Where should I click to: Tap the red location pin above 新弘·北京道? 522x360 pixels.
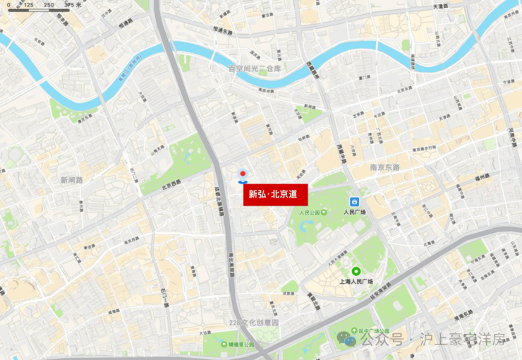click(243, 174)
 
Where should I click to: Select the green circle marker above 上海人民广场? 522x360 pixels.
click(356, 271)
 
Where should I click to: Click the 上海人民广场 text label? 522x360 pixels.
click(356, 282)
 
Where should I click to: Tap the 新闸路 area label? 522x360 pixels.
click(71, 180)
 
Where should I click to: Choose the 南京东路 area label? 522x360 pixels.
click(384, 167)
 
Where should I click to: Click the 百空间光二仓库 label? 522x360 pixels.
click(254, 68)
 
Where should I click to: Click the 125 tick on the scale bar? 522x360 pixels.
click(28, 5)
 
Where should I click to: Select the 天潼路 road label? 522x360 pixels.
click(440, 6)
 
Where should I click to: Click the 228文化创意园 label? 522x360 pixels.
click(254, 323)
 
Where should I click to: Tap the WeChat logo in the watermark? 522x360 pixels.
click(346, 339)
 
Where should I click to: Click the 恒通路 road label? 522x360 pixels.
click(126, 23)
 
